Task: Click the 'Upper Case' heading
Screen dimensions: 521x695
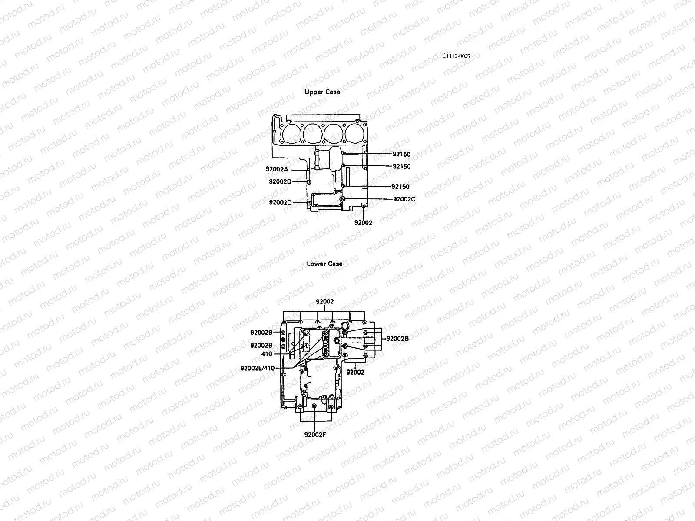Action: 322,92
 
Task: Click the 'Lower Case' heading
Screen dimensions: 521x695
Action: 324,264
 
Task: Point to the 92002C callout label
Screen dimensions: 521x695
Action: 404,199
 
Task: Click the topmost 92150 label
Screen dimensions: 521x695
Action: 401,154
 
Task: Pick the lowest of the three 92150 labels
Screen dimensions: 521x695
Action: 400,187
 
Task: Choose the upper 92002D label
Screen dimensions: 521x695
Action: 280,181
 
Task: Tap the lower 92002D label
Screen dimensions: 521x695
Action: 280,202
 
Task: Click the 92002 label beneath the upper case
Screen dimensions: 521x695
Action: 363,223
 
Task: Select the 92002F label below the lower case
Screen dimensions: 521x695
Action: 315,435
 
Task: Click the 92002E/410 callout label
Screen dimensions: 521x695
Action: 257,368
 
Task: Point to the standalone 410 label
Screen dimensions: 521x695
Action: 267,354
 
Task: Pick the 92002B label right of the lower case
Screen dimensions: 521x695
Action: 397,338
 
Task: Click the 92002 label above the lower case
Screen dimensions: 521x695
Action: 324,301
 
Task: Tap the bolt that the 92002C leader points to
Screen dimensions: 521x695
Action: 343,199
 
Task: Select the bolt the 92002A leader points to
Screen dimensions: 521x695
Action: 308,169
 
